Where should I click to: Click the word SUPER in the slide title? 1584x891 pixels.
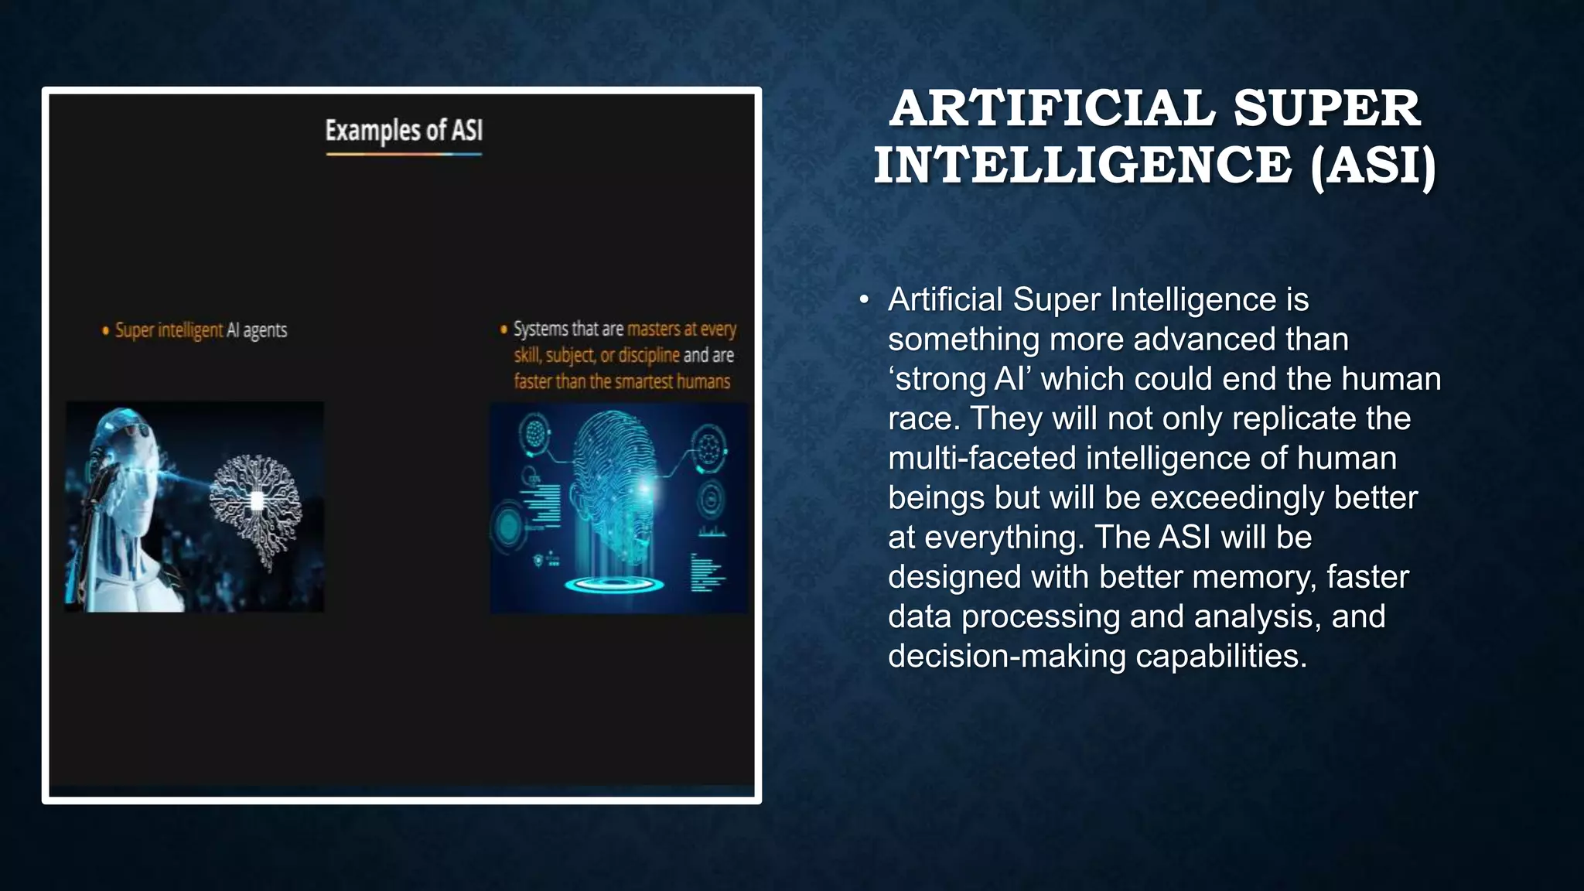click(x=1326, y=108)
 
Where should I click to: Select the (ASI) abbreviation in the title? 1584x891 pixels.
click(x=1373, y=166)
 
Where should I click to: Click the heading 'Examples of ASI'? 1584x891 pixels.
click(x=404, y=130)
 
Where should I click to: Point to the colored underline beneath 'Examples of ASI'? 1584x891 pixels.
click(x=404, y=154)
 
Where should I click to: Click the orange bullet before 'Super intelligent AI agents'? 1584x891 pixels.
click(x=106, y=331)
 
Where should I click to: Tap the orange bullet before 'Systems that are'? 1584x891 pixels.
click(x=504, y=329)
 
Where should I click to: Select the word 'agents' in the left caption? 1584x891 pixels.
click(x=265, y=331)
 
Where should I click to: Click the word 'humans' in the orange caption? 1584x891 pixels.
click(x=703, y=381)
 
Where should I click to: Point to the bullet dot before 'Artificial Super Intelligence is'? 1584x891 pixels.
click(x=864, y=300)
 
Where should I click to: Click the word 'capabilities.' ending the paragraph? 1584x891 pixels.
click(x=1221, y=656)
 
